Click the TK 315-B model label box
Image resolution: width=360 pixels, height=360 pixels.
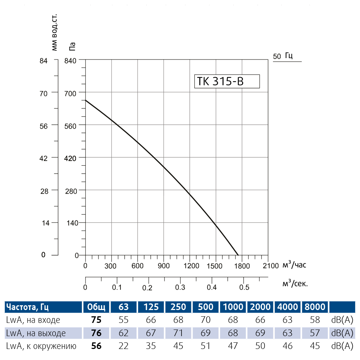(226, 82)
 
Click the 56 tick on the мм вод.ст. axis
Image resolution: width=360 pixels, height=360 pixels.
(43, 125)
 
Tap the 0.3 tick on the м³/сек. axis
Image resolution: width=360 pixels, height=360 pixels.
(180, 287)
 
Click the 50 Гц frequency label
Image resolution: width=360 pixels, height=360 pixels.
(283, 56)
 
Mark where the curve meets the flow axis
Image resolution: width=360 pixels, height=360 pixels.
(238, 255)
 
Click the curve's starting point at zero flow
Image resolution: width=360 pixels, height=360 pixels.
(86, 100)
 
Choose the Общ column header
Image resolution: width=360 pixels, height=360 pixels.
(96, 307)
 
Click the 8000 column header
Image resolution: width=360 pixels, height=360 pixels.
(315, 307)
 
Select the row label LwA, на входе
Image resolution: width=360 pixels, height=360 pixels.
(33, 320)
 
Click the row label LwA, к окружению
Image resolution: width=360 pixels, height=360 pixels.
(41, 346)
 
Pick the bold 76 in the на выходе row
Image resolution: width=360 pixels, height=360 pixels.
(96, 333)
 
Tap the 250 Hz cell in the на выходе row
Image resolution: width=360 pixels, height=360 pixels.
(179, 333)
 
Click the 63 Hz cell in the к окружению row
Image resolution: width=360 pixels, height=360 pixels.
(124, 346)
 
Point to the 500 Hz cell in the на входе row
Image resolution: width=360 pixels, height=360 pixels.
(206, 320)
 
